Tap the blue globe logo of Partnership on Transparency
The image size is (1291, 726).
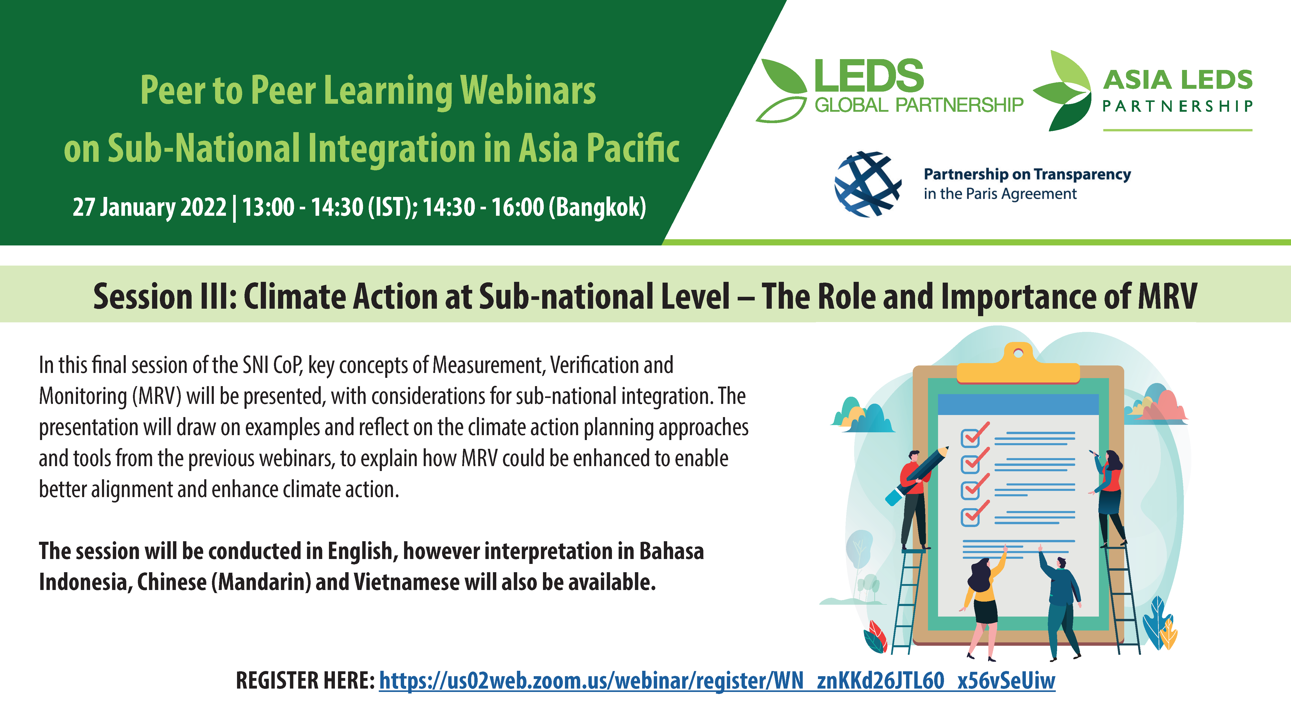868,184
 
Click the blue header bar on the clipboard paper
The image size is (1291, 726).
1018,404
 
